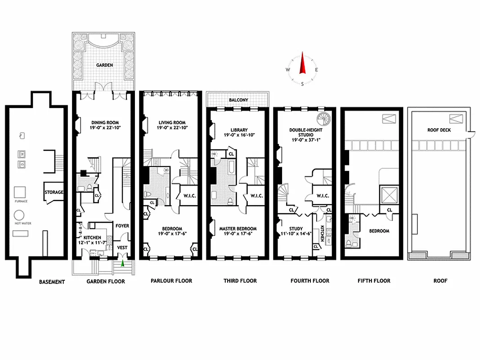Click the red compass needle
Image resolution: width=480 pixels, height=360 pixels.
coord(302,64)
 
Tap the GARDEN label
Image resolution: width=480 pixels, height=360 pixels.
coord(104,65)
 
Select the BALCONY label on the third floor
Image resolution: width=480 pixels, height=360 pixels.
coord(238,100)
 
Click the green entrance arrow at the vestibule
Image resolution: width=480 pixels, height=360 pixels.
coord(122,256)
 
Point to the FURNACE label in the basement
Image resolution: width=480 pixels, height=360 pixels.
coord(21,201)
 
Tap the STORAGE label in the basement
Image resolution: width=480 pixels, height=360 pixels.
coord(54,192)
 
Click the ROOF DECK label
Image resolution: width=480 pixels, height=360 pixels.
coord(440,130)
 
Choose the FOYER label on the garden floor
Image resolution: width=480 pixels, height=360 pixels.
coord(122,226)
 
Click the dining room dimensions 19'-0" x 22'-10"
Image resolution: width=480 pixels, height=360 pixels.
coord(104,128)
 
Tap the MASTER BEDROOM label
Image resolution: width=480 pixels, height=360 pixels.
coord(238,229)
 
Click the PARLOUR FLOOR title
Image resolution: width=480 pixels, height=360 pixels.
coord(171,281)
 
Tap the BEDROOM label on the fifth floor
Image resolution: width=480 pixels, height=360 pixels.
coord(379,231)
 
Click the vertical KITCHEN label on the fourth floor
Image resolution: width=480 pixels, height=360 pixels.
coord(322,234)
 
